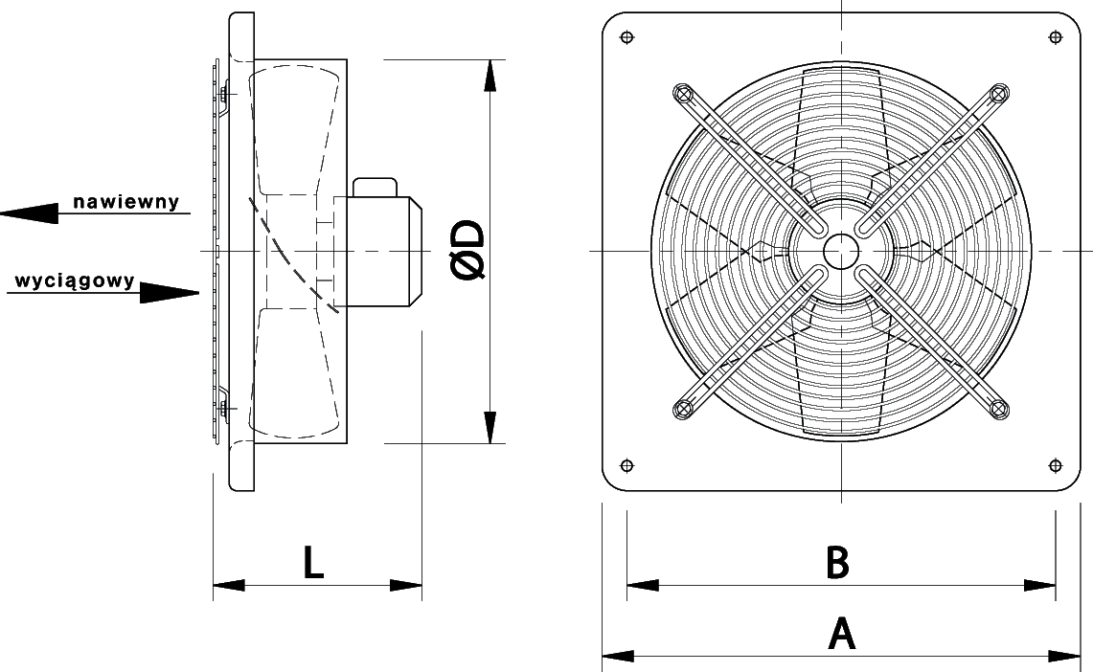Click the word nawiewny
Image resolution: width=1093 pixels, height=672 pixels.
[x=126, y=202]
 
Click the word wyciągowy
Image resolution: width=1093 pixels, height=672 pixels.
[x=75, y=281]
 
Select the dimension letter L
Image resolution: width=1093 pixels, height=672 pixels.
[x=314, y=563]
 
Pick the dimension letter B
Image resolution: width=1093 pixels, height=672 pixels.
[x=837, y=563]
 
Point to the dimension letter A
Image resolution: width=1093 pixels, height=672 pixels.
[x=841, y=634]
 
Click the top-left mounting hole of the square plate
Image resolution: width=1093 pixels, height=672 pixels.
[x=626, y=37]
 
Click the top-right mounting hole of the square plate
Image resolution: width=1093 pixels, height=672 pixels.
[x=1056, y=37]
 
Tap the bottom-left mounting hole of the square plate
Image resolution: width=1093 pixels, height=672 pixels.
[x=626, y=465]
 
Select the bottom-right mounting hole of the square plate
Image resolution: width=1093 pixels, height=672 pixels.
[x=1056, y=465]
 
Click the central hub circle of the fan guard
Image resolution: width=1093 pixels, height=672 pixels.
[x=841, y=251]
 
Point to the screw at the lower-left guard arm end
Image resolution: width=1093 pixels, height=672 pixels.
[x=683, y=409]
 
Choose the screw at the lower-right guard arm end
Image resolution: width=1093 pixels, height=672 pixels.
[x=999, y=409]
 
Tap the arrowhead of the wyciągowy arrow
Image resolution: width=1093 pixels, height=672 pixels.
[x=170, y=293]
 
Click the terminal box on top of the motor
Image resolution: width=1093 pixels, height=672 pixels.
[x=375, y=188]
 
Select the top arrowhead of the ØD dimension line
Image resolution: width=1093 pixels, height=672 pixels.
[x=490, y=76]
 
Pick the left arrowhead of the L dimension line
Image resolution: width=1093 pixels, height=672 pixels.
[x=229, y=586]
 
